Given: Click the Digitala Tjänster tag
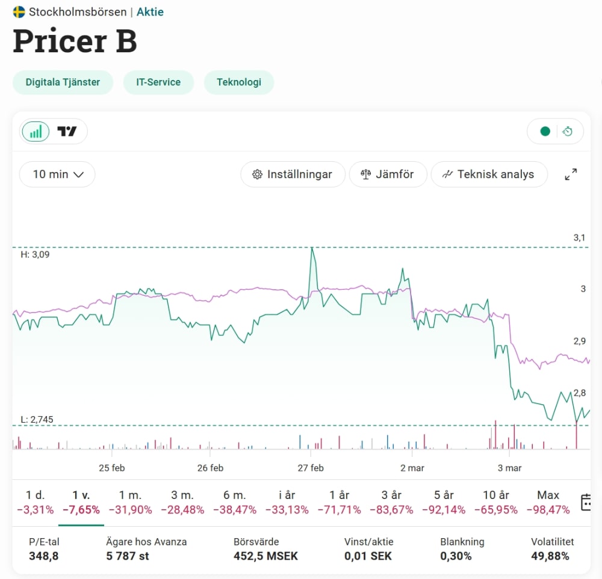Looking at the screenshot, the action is pyautogui.click(x=63, y=82).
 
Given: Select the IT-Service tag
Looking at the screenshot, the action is pyautogui.click(x=158, y=82).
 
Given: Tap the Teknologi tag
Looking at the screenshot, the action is pyautogui.click(x=239, y=82).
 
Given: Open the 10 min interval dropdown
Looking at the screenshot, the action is pyautogui.click(x=57, y=174).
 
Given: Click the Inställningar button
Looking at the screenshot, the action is pyautogui.click(x=293, y=174).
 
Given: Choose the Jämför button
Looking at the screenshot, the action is pyautogui.click(x=388, y=174).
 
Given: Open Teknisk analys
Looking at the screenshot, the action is pyautogui.click(x=489, y=174).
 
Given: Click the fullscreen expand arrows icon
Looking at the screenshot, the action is pyautogui.click(x=571, y=174).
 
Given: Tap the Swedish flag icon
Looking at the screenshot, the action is pyautogui.click(x=19, y=12).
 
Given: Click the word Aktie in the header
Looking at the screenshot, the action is pyautogui.click(x=150, y=12).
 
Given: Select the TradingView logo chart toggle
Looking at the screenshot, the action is pyautogui.click(x=67, y=132).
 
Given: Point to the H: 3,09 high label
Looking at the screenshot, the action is pyautogui.click(x=35, y=254).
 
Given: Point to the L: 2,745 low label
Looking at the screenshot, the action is pyautogui.click(x=37, y=420).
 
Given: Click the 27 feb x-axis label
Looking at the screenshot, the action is pyautogui.click(x=311, y=468).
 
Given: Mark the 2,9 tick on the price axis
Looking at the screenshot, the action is pyautogui.click(x=580, y=342).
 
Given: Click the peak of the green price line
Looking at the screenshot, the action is pyautogui.click(x=312, y=248).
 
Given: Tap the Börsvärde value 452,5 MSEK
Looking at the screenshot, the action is pyautogui.click(x=265, y=556).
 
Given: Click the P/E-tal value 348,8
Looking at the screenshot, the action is pyautogui.click(x=44, y=556).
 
